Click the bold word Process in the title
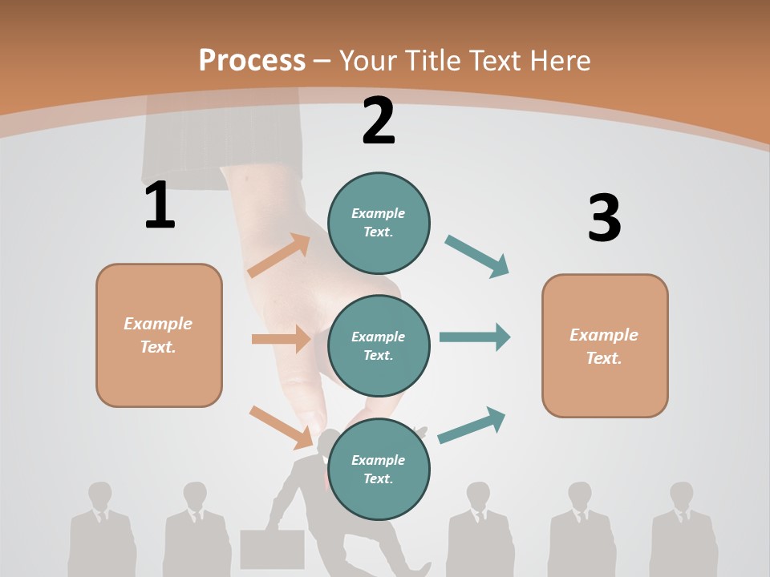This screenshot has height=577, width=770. click(252, 60)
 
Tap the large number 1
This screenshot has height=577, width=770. click(160, 207)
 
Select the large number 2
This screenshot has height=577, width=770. click(379, 122)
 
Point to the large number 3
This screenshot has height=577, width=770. click(604, 219)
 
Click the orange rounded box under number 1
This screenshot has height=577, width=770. click(159, 335)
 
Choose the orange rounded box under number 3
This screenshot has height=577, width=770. click(605, 346)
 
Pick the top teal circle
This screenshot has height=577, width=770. click(379, 223)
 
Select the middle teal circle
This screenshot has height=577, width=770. click(379, 346)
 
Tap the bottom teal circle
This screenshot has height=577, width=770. click(379, 470)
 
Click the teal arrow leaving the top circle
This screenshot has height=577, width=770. click(476, 256)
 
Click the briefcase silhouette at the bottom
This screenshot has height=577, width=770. click(272, 549)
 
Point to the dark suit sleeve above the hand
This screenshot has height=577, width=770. click(184, 148)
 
